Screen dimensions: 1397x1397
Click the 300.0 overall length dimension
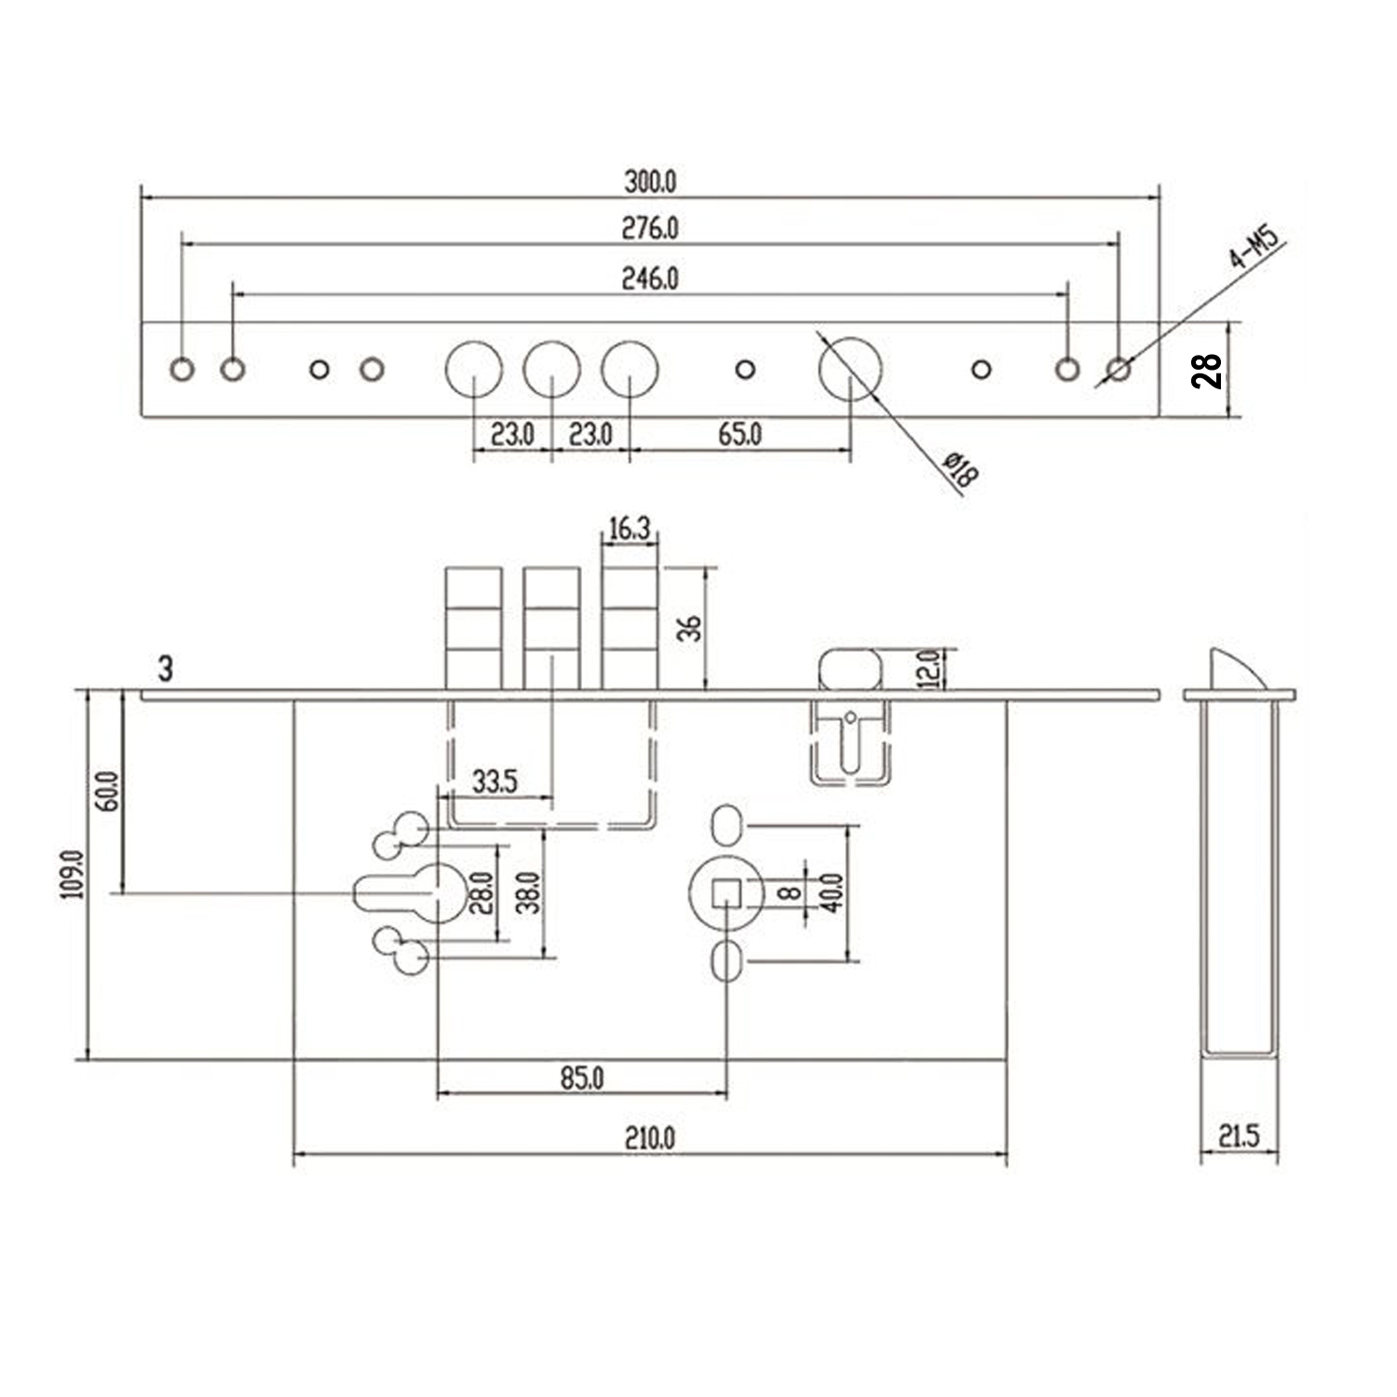650,182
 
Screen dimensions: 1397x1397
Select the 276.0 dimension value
650,228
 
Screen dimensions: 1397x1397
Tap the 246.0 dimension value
650,278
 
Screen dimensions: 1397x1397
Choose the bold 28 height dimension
1207,371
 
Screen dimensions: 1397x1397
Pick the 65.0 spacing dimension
740,435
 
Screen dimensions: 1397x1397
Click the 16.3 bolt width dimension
629,529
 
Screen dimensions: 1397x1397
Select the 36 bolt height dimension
690,629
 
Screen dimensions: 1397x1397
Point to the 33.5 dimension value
495,781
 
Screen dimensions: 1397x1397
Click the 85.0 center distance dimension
582,1078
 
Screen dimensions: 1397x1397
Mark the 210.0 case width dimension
650,1138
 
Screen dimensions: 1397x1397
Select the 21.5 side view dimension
1239,1136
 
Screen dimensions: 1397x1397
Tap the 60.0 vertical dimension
109,792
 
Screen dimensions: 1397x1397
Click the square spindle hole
726,893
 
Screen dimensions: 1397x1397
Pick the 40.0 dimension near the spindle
833,892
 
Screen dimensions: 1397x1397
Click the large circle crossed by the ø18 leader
849,369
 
